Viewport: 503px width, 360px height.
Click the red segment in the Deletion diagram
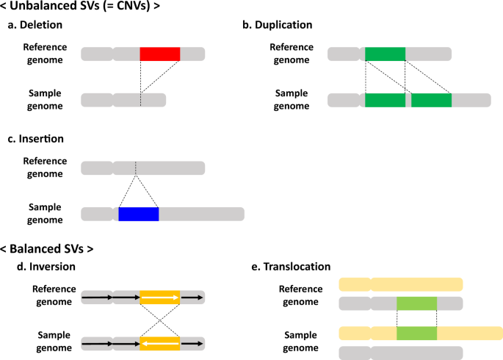click(160, 54)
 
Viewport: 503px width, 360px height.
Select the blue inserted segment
click(139, 214)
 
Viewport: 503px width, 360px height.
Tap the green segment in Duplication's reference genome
click(386, 54)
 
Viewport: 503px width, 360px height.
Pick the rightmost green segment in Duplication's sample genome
click(432, 100)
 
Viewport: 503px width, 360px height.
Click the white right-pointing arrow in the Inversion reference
click(160, 298)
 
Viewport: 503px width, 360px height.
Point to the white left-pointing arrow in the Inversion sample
click(160, 344)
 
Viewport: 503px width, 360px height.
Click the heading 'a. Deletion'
click(35, 25)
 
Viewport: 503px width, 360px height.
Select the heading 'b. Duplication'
click(278, 25)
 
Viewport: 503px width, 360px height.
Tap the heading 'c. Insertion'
click(35, 139)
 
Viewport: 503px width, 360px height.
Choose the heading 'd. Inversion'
click(46, 267)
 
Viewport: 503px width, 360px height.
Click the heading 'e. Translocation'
click(291, 267)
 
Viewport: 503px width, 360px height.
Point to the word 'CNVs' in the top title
click(132, 6)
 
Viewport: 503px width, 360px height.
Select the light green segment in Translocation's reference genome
click(416, 303)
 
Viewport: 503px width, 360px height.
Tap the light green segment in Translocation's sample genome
click(416, 334)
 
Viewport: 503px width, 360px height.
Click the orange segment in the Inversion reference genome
click(160, 298)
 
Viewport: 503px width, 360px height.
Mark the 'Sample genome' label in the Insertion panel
click(45, 213)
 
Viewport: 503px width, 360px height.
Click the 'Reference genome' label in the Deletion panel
click(45, 54)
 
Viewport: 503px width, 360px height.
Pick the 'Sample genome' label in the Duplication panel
click(292, 99)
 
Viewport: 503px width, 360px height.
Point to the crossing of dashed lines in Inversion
click(160, 320)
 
